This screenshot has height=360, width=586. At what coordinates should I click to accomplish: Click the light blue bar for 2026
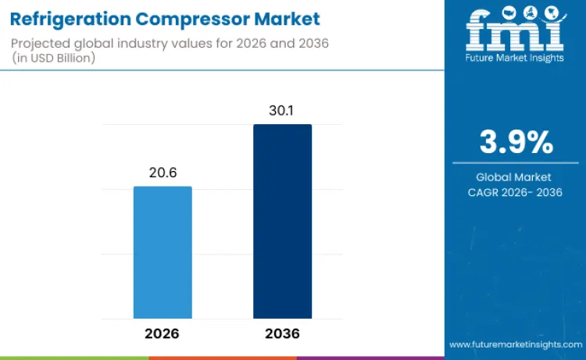click(163, 252)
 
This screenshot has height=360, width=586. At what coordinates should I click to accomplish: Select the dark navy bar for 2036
click(282, 221)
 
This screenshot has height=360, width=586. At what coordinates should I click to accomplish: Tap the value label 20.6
click(163, 173)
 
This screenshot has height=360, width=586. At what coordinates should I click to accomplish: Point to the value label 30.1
click(282, 111)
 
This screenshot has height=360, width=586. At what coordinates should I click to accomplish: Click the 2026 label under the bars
click(163, 333)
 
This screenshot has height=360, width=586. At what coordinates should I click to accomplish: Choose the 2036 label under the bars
click(282, 333)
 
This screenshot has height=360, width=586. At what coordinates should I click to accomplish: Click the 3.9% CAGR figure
click(516, 143)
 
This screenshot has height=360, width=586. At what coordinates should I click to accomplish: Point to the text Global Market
click(516, 177)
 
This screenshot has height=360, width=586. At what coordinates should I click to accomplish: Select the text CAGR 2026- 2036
click(516, 192)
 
